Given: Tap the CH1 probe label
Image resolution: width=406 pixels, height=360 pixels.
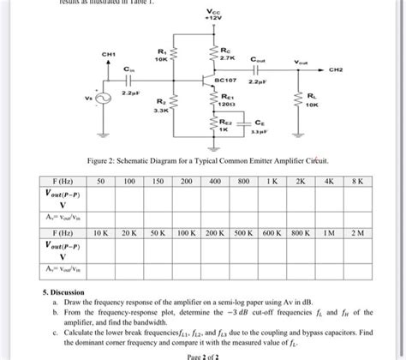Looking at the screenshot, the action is (x=109, y=54).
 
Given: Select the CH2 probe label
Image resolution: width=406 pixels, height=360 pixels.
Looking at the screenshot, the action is (x=359, y=63).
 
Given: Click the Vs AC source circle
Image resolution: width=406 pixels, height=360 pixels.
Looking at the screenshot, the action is (x=108, y=98).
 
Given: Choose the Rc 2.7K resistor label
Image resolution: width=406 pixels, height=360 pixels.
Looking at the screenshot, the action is (x=226, y=53).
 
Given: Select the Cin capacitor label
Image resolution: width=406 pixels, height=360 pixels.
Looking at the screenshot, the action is (x=128, y=68).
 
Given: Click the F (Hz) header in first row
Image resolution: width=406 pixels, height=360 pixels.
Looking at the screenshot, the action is (x=62, y=183).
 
